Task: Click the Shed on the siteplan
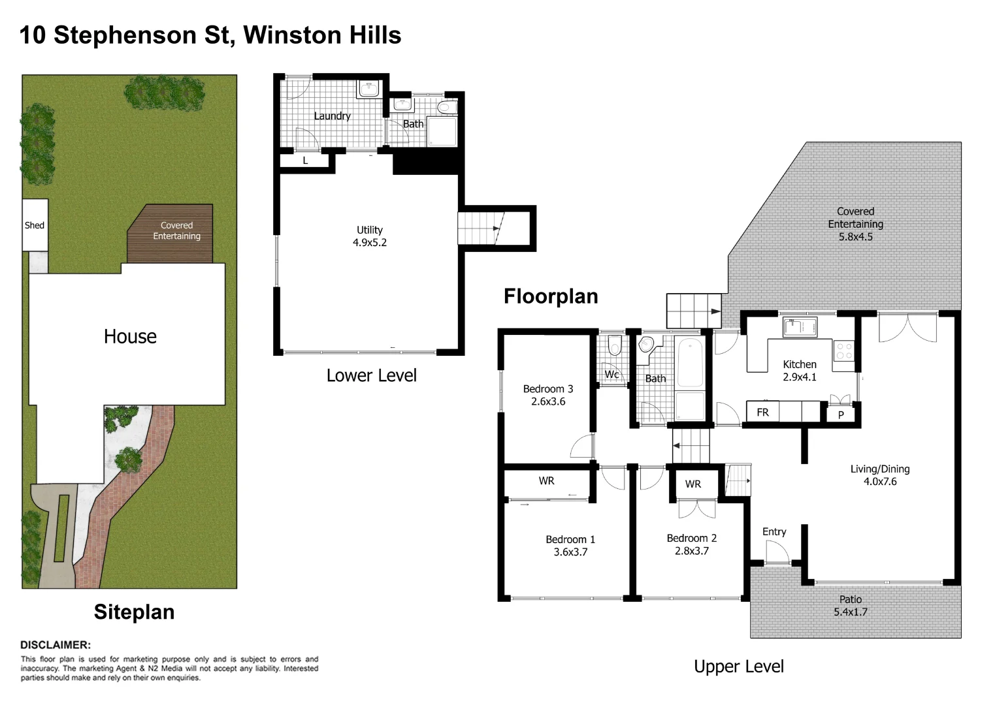pyautogui.click(x=35, y=225)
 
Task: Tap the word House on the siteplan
pyautogui.click(x=130, y=337)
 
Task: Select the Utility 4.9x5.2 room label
pyautogui.click(x=370, y=236)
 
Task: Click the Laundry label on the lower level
pyautogui.click(x=332, y=116)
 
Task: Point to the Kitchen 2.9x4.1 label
pyautogui.click(x=800, y=371)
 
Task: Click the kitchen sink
pyautogui.click(x=800, y=326)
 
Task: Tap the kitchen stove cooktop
pyautogui.click(x=843, y=351)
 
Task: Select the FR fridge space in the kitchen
pyautogui.click(x=762, y=413)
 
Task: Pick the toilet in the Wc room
pyautogui.click(x=614, y=345)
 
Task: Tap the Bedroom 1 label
pyautogui.click(x=570, y=540)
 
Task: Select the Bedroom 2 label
pyautogui.click(x=691, y=539)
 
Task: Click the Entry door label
pyautogui.click(x=774, y=532)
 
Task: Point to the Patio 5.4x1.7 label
pyautogui.click(x=850, y=606)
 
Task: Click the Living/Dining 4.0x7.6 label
pyautogui.click(x=879, y=475)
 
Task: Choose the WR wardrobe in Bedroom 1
pyautogui.click(x=546, y=481)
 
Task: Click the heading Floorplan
pyautogui.click(x=551, y=296)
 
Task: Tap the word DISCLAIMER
pyautogui.click(x=56, y=645)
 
